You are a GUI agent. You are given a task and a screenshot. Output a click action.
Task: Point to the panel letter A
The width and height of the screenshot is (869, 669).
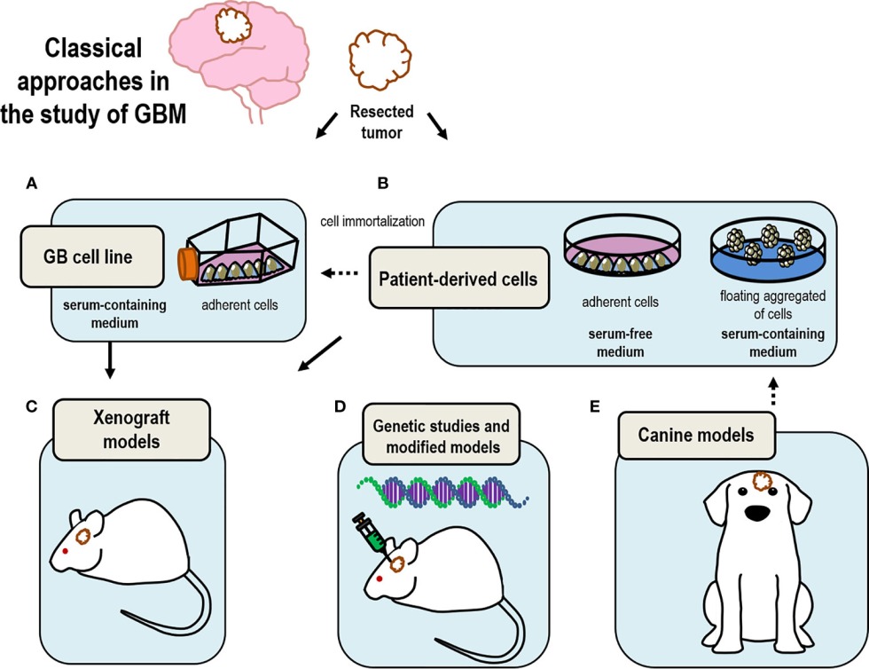(32, 185)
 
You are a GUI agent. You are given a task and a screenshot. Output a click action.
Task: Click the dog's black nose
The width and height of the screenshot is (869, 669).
(755, 512)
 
